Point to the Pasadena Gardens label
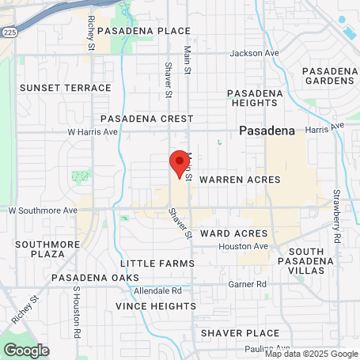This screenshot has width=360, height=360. click(x=330, y=76)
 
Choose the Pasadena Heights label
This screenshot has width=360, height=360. click(x=256, y=98)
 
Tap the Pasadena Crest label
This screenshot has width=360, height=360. click(x=146, y=118)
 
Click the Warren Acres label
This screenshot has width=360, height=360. click(x=240, y=180)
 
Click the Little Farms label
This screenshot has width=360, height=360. click(x=157, y=263)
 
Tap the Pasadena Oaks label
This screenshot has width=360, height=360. click(x=95, y=278)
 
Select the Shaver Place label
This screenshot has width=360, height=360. click(x=240, y=333)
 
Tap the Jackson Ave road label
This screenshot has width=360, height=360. click(x=255, y=54)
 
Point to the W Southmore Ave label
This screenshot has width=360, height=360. click(x=43, y=211)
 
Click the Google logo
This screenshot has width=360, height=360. click(x=26, y=349)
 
